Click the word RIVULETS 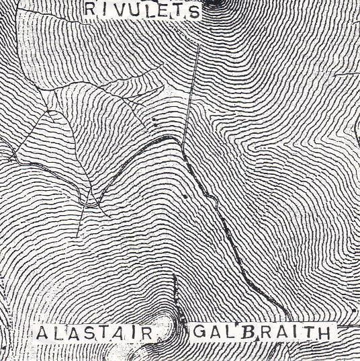[x=143, y=11]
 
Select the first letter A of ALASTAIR [x=41, y=333]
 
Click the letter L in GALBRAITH [x=230, y=332]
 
